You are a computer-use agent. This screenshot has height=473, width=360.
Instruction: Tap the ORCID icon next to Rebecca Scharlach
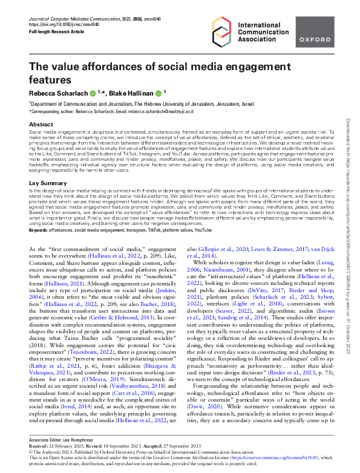[x=93, y=94]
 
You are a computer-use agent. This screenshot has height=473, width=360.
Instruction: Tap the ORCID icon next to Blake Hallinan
[x=157, y=94]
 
